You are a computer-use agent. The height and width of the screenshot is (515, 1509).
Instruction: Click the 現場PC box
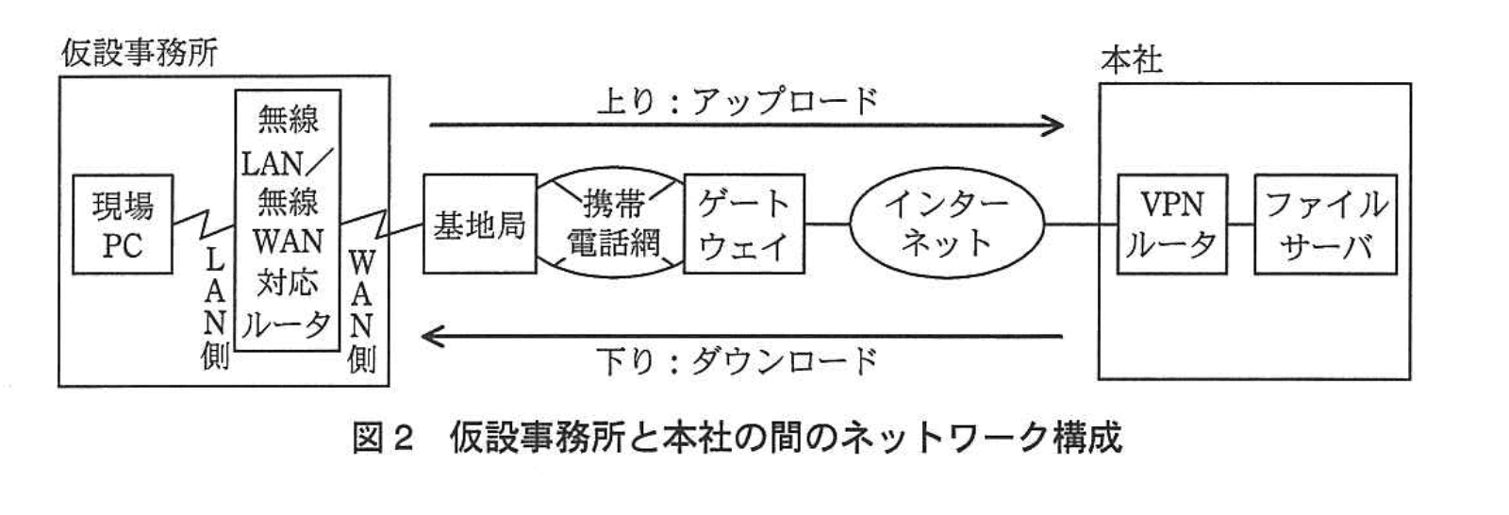[x=122, y=224]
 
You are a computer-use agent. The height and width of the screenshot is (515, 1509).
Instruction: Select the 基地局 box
[x=478, y=224]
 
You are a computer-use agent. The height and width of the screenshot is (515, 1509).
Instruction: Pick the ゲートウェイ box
[x=743, y=224]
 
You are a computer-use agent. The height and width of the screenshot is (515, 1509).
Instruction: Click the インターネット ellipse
[x=947, y=224]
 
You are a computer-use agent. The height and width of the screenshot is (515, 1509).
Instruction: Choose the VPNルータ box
[x=1171, y=224]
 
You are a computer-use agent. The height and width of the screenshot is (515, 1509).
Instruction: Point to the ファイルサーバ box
[x=1324, y=224]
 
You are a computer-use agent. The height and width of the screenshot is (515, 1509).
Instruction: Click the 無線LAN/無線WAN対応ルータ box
[x=288, y=221]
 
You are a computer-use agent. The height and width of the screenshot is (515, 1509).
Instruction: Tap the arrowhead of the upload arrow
[x=1056, y=125]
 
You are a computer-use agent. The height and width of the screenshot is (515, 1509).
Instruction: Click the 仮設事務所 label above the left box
[x=140, y=53]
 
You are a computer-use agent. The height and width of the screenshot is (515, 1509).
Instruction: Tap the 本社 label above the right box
[x=1131, y=60]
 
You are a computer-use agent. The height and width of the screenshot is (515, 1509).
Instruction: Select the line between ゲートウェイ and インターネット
[x=827, y=224]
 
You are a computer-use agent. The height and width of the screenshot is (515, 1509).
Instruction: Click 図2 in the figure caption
[x=382, y=438]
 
